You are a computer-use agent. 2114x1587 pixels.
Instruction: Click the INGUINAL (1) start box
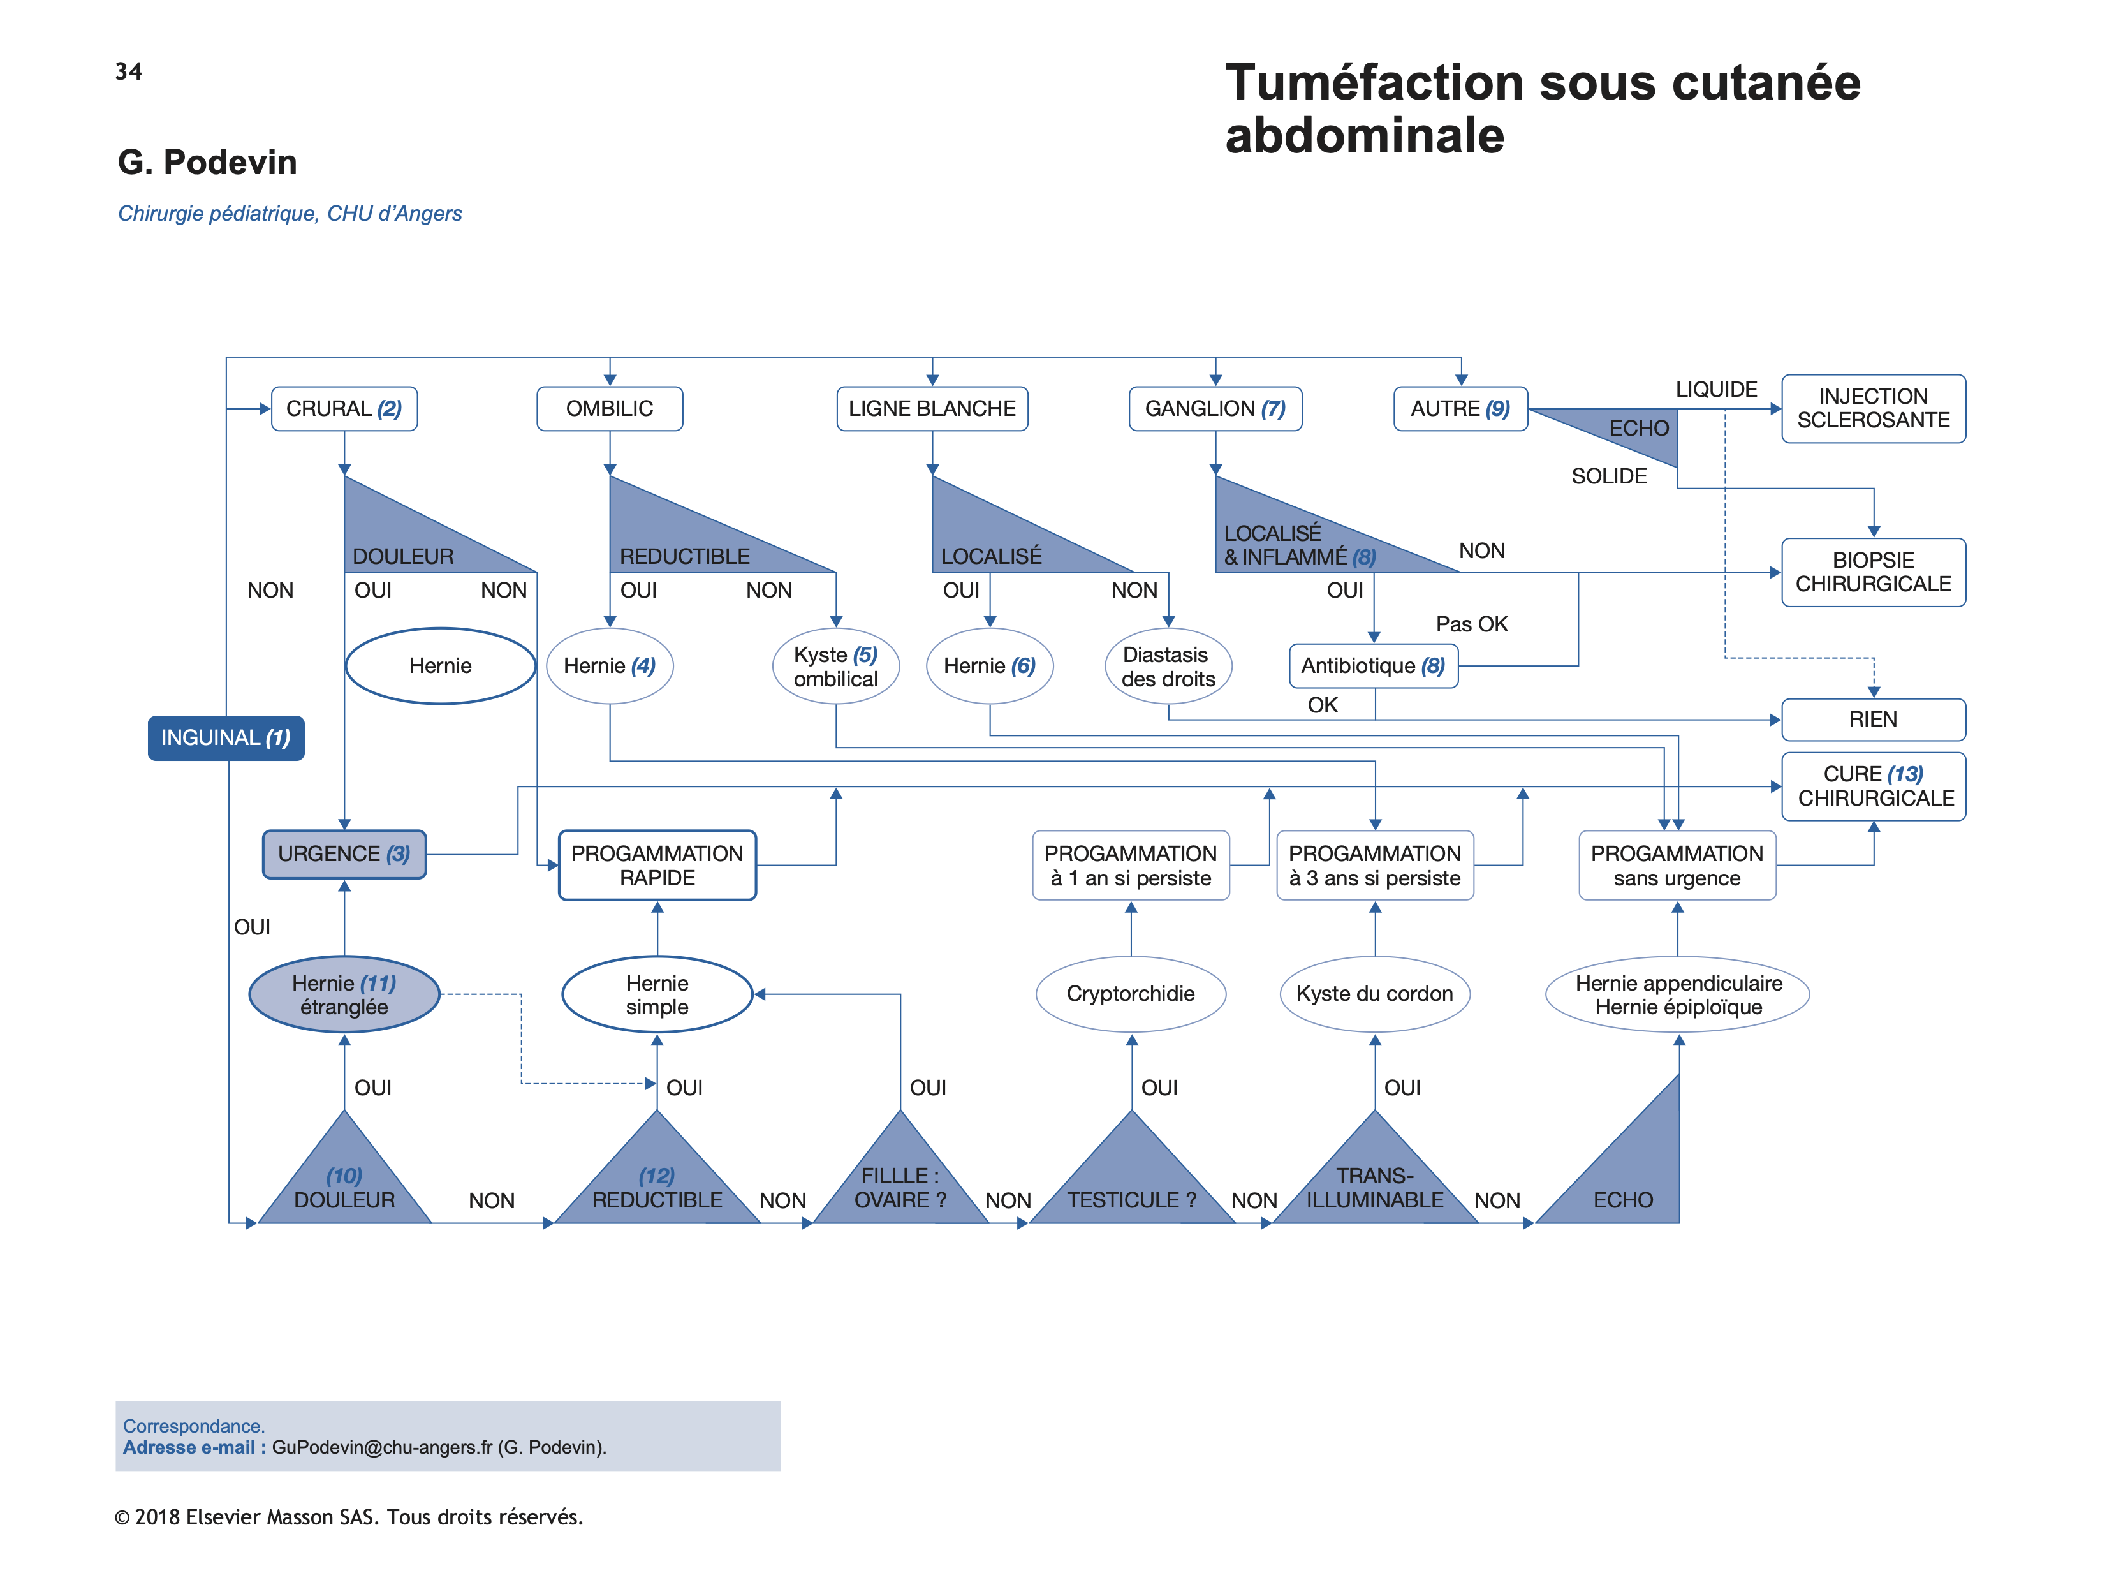pyautogui.click(x=226, y=738)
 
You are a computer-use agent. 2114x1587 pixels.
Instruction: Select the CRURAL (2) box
pyautogui.click(x=344, y=409)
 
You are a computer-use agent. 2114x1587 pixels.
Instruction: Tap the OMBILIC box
pyautogui.click(x=610, y=409)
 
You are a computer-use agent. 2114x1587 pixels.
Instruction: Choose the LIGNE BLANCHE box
pyautogui.click(x=932, y=409)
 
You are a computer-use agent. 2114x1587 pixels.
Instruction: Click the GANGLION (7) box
pyautogui.click(x=1215, y=409)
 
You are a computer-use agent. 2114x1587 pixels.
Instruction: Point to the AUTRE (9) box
pyautogui.click(x=1460, y=409)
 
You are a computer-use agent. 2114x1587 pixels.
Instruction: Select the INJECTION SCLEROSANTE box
pyautogui.click(x=1873, y=408)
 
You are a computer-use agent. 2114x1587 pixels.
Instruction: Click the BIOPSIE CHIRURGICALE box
pyautogui.click(x=1873, y=572)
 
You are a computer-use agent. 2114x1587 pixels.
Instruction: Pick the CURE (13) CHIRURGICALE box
pyautogui.click(x=1873, y=786)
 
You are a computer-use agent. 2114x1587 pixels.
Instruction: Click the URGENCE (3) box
pyautogui.click(x=344, y=853)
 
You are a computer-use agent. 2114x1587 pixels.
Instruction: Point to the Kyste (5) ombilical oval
pyautogui.click(x=835, y=667)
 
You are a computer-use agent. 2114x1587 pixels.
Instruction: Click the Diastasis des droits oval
pyautogui.click(x=1168, y=667)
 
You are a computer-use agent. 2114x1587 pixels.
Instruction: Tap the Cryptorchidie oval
pyautogui.click(x=1131, y=994)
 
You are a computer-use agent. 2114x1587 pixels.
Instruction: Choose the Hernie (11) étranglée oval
pyautogui.click(x=344, y=994)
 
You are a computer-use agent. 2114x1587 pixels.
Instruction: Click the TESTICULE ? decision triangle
pyautogui.click(x=1131, y=1186)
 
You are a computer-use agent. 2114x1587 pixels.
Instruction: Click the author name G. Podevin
pyautogui.click(x=207, y=163)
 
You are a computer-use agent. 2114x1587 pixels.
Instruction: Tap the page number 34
pyautogui.click(x=128, y=71)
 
